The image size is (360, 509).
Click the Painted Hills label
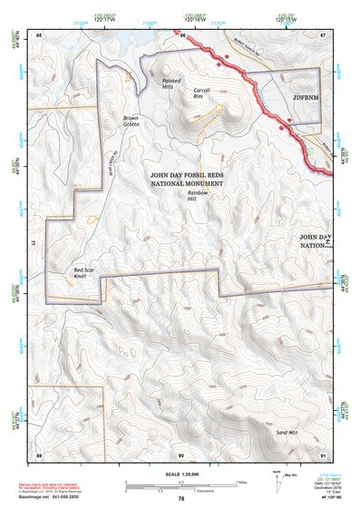(171, 83)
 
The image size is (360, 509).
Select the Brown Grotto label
(131, 121)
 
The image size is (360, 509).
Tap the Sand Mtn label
(287, 434)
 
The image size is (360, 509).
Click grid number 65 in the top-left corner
(39, 34)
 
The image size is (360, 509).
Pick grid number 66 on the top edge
(182, 34)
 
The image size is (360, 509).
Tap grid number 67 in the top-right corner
(321, 34)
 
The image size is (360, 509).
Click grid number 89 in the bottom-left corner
(39, 454)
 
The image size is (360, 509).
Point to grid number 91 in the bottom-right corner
(321, 454)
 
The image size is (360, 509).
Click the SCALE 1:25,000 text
(180, 474)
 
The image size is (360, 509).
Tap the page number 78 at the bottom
(180, 498)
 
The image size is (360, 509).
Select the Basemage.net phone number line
(53, 498)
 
